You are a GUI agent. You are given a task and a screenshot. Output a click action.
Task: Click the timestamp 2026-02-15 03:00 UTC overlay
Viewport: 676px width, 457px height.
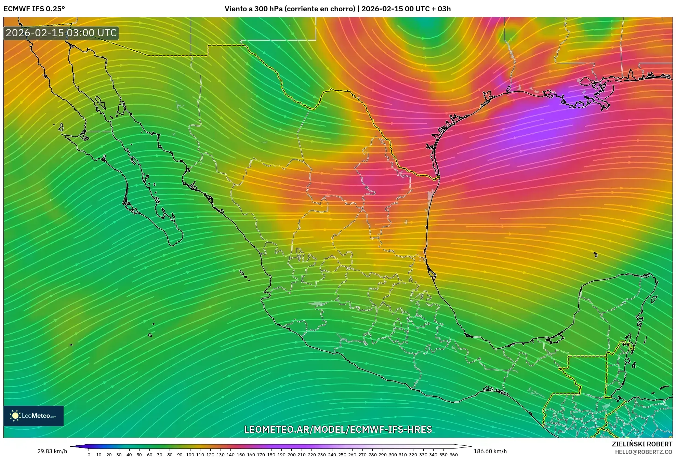pyautogui.click(x=61, y=33)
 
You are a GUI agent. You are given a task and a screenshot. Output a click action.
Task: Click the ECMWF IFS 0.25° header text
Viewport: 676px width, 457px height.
pyautogui.click(x=34, y=9)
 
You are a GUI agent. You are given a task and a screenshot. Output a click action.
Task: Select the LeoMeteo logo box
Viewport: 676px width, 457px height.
pyautogui.click(x=34, y=416)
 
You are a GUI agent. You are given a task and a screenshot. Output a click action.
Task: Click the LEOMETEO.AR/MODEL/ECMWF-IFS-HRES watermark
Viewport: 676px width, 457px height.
pyautogui.click(x=338, y=429)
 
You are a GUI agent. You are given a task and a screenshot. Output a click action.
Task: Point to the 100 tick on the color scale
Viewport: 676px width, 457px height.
pyautogui.click(x=190, y=455)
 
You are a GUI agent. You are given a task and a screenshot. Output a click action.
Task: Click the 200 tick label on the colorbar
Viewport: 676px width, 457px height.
pyautogui.click(x=291, y=455)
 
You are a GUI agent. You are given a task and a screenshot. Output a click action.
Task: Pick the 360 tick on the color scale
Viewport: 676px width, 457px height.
pyautogui.click(x=453, y=455)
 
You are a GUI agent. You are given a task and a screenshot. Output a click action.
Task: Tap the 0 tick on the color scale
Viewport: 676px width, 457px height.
pyautogui.click(x=89, y=455)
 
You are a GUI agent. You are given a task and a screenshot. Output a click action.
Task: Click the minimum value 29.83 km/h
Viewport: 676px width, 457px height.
pyautogui.click(x=52, y=451)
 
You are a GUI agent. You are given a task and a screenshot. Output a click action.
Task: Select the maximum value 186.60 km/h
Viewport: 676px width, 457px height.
pyautogui.click(x=490, y=451)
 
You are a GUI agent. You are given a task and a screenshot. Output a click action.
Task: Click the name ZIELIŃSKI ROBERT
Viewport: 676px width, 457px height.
pyautogui.click(x=642, y=444)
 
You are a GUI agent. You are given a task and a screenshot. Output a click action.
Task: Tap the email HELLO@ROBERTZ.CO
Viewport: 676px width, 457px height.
pyautogui.click(x=644, y=452)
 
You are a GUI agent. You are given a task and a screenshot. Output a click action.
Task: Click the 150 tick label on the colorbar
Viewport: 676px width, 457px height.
pyautogui.click(x=241, y=455)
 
